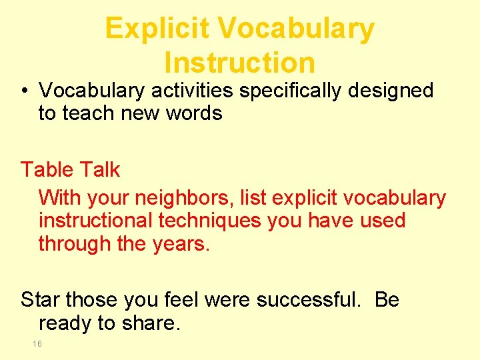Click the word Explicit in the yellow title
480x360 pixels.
(157, 29)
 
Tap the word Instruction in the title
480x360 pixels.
(239, 63)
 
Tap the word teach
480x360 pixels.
(86, 113)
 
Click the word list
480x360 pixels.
(253, 198)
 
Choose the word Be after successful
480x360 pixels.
(387, 300)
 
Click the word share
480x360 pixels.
(150, 323)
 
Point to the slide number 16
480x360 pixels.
(37, 344)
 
